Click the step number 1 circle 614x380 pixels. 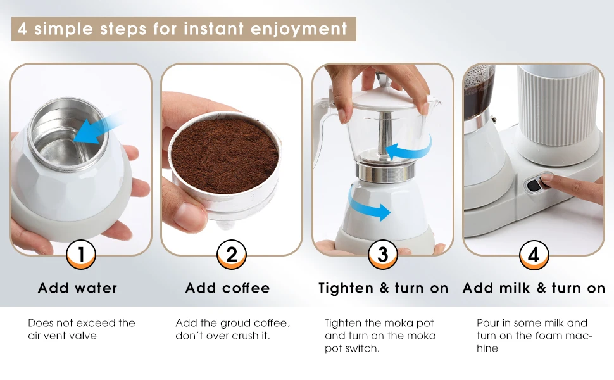(81, 255)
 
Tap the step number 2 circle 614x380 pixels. (232, 255)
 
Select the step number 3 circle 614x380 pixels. (383, 255)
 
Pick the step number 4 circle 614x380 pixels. (534, 255)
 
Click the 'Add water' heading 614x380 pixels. (77, 288)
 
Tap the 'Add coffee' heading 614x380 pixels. (227, 288)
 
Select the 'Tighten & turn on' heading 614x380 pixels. (383, 288)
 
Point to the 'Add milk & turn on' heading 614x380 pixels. (534, 288)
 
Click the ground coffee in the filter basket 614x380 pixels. (225, 155)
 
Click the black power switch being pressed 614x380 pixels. (534, 184)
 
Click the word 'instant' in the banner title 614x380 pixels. (213, 29)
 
